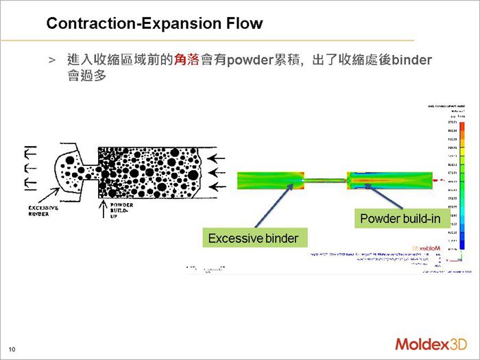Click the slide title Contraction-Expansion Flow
(x=154, y=24)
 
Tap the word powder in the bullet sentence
(x=251, y=60)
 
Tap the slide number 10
(x=12, y=350)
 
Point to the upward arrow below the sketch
(x=104, y=208)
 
